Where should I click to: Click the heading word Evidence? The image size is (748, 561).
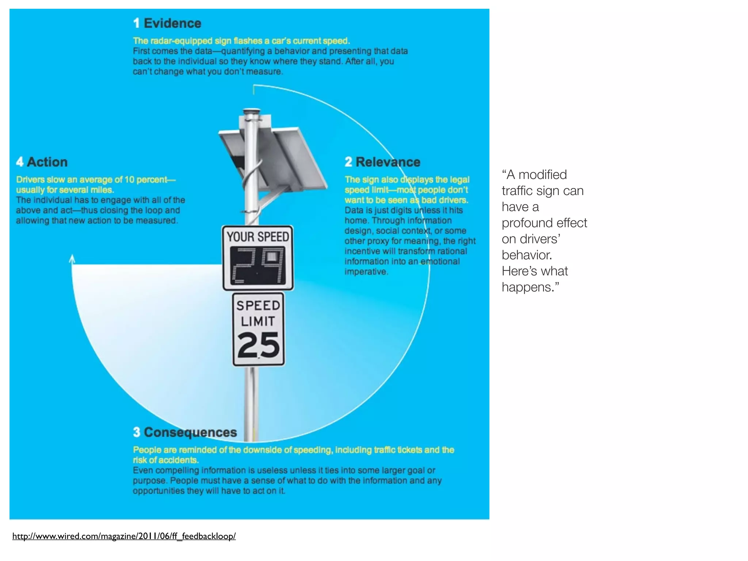(x=172, y=23)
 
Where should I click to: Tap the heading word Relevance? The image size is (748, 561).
(x=388, y=162)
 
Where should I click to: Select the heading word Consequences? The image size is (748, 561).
(x=190, y=432)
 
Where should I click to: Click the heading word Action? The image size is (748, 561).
(x=47, y=162)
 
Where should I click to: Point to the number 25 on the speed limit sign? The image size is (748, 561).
(x=258, y=345)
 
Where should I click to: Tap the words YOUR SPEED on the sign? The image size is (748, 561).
(x=258, y=237)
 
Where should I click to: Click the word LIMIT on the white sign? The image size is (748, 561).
(x=258, y=321)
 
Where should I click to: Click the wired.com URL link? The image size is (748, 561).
(x=124, y=536)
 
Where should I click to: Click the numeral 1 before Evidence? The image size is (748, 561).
(x=136, y=23)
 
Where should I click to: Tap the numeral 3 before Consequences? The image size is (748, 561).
(x=137, y=432)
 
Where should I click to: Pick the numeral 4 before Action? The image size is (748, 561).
(x=20, y=162)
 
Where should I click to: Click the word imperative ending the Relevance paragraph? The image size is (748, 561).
(x=366, y=272)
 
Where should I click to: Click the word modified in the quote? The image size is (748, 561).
(x=542, y=175)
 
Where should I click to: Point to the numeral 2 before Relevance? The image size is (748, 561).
(x=348, y=162)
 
